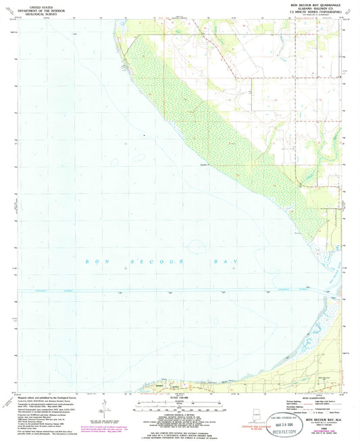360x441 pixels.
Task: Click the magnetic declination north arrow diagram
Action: pos(103,408)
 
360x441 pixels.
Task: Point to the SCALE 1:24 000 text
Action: pos(180,398)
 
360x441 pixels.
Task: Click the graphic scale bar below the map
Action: pos(180,404)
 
